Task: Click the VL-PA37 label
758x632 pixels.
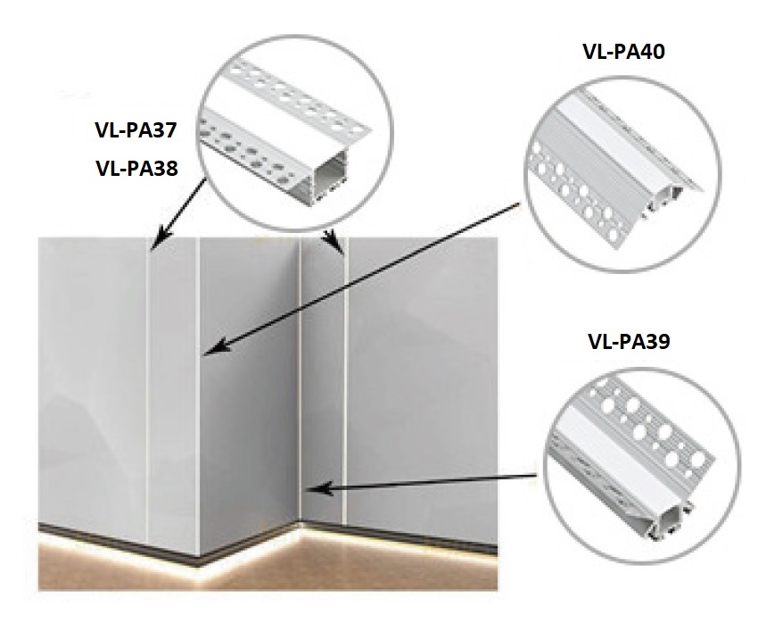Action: (x=136, y=129)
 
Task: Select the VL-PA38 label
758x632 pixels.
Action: (x=136, y=169)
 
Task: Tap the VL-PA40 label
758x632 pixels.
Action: (x=623, y=51)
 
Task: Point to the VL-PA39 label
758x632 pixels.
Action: (x=629, y=341)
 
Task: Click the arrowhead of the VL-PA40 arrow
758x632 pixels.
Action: (x=217, y=347)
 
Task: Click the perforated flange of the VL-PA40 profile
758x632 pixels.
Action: (x=575, y=198)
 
